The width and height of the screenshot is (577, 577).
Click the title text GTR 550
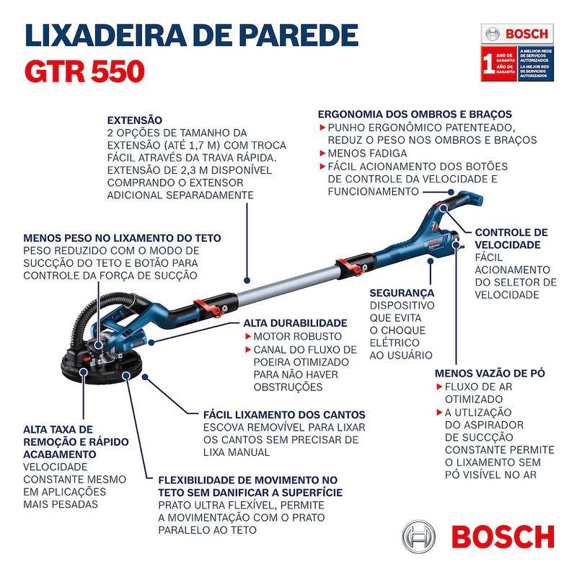[x=84, y=71]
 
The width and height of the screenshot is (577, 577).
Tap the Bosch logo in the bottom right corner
[x=479, y=537]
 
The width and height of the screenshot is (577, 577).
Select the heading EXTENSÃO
[x=135, y=120]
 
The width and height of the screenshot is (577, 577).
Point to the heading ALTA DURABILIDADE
[x=295, y=322]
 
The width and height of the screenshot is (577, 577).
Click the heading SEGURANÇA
[x=402, y=293]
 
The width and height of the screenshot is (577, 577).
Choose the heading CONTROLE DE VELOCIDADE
[x=511, y=239]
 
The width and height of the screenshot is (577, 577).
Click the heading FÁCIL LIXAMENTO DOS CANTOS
[x=284, y=415]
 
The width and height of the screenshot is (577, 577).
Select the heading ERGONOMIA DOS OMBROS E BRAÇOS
[x=415, y=114]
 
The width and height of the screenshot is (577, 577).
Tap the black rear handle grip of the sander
[x=462, y=201]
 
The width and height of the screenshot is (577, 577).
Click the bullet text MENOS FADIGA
[x=367, y=154]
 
